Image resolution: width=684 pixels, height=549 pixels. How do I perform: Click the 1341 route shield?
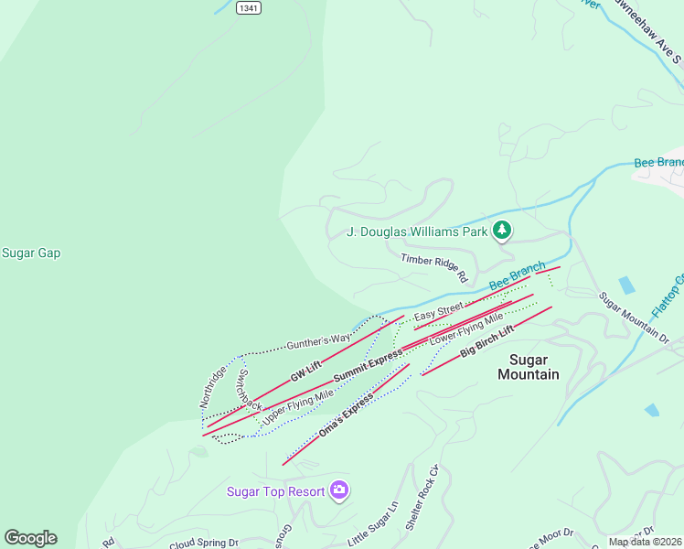pyautogui.click(x=247, y=7)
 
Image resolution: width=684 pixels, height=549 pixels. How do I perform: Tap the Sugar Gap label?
pyautogui.click(x=31, y=253)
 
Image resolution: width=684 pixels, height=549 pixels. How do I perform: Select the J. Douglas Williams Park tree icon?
pyautogui.click(x=501, y=231)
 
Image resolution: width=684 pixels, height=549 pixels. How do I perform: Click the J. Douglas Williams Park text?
pyautogui.click(x=417, y=231)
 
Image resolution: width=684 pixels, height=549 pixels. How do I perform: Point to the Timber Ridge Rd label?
pyautogui.click(x=434, y=267)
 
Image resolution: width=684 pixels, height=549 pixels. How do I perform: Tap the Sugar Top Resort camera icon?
pyautogui.click(x=339, y=491)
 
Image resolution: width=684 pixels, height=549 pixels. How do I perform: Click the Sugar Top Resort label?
pyautogui.click(x=276, y=491)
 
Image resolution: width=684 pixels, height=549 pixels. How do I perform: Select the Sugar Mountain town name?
pyautogui.click(x=528, y=367)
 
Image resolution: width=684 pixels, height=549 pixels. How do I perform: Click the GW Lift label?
pyautogui.click(x=306, y=371)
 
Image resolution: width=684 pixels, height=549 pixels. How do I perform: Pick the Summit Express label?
pyautogui.click(x=368, y=365)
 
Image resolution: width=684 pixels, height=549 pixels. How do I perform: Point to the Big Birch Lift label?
pyautogui.click(x=487, y=340)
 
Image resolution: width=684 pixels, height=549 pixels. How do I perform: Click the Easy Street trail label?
pyautogui.click(x=439, y=312)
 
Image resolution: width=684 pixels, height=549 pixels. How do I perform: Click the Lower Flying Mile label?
pyautogui.click(x=467, y=328)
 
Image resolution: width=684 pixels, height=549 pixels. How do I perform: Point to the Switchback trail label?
pyautogui.click(x=250, y=391)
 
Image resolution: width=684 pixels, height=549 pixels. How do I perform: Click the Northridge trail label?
pyautogui.click(x=212, y=388)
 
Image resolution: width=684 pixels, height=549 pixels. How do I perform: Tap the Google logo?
pyautogui.click(x=30, y=538)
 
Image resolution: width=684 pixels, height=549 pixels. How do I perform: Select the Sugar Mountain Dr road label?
pyautogui.click(x=634, y=317)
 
